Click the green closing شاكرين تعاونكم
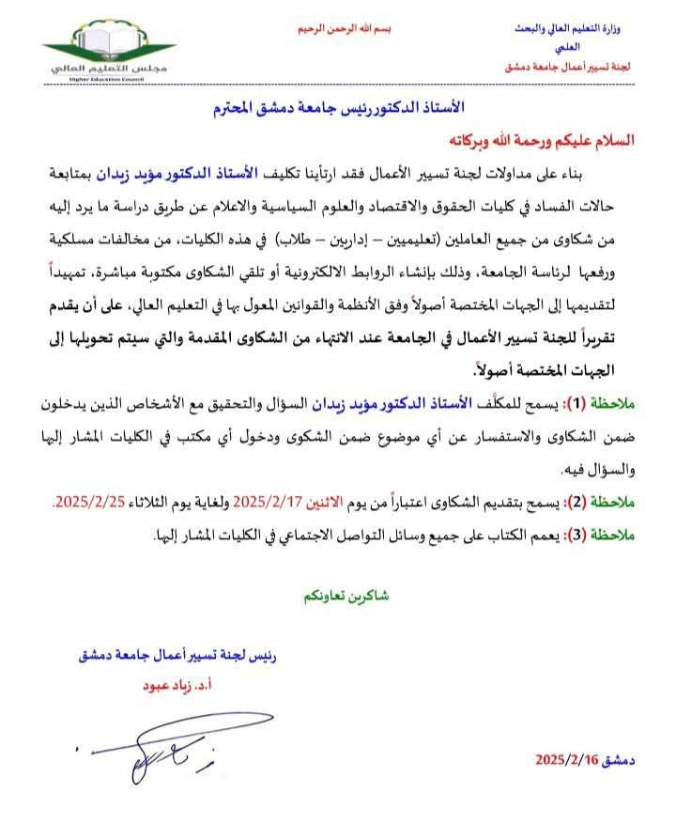(346, 596)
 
